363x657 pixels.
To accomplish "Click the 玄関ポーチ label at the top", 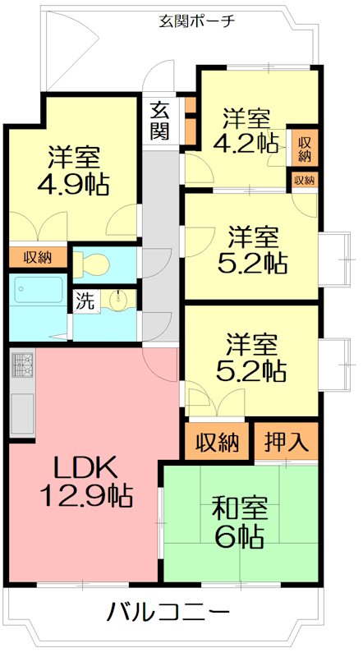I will pyautogui.click(x=197, y=21).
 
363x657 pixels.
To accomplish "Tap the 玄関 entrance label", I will pyautogui.click(x=160, y=119).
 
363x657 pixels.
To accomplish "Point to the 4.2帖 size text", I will pyautogui.click(x=244, y=143).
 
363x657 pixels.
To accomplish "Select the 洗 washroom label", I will pyautogui.click(x=85, y=301).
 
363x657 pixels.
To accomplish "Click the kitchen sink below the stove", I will pyautogui.click(x=22, y=415).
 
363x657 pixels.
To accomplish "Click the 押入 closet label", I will pyautogui.click(x=286, y=443).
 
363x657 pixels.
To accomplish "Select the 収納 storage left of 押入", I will pyautogui.click(x=218, y=443).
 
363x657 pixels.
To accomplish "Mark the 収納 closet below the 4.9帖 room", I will pyautogui.click(x=37, y=257).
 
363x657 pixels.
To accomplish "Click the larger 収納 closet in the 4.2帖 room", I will pyautogui.click(x=304, y=149).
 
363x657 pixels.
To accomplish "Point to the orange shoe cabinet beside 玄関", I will pyautogui.click(x=190, y=119).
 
